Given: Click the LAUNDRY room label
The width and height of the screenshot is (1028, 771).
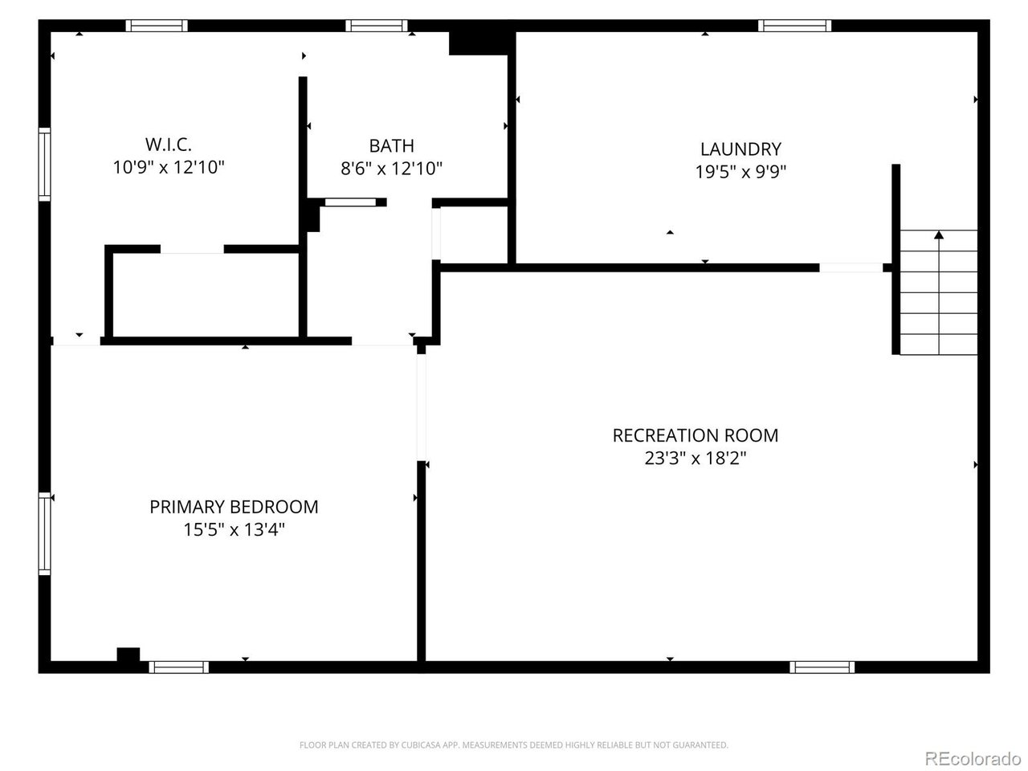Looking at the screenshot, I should tap(740, 149).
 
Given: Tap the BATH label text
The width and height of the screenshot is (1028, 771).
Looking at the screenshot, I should tap(392, 145).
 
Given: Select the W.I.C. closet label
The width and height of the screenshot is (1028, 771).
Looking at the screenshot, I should tap(169, 145).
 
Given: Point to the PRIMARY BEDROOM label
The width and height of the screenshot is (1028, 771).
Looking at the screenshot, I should tap(234, 507).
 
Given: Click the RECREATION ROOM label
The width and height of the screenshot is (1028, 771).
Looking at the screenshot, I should tap(695, 435).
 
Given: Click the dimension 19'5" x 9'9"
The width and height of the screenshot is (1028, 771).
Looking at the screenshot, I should tap(740, 171).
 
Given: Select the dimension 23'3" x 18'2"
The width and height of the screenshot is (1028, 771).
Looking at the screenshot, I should tap(696, 459).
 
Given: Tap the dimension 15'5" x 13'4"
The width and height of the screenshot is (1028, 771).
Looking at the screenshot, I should tap(234, 530).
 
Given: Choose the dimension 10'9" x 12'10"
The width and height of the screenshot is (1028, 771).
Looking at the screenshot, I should tap(169, 168).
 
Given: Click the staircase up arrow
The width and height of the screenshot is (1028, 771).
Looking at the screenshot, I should tap(938, 235).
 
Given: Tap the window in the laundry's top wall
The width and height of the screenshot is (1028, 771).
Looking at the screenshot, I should tap(794, 26).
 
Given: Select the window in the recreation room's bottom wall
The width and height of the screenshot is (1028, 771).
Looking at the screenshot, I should tap(822, 667).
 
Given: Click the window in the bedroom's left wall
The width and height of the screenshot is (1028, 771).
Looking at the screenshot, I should tap(45, 533).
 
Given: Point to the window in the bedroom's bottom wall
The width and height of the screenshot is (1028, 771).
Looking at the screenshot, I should tap(178, 667).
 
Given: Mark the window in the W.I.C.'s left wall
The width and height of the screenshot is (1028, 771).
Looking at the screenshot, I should tap(45, 164).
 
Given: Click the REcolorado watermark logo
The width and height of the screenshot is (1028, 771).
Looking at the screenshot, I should tap(973, 758).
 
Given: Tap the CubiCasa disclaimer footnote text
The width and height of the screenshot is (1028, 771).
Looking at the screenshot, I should tap(514, 745).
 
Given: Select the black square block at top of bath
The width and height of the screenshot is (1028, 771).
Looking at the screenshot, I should tap(479, 43).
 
